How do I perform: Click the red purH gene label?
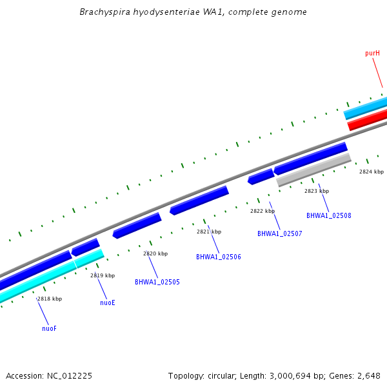[372, 53]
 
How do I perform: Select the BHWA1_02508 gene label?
[328, 215]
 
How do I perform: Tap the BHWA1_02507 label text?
[279, 233]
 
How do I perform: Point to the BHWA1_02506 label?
[218, 257]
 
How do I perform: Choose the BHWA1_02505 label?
[157, 282]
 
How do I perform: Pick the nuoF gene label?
[49, 328]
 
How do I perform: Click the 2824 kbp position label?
[371, 172]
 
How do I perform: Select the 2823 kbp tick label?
[316, 191]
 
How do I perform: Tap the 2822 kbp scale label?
[262, 211]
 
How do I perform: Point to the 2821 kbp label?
[208, 232]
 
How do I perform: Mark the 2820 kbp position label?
[155, 253]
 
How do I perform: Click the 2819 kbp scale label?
[102, 275]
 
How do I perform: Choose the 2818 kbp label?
[49, 299]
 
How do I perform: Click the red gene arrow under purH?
[368, 120]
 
